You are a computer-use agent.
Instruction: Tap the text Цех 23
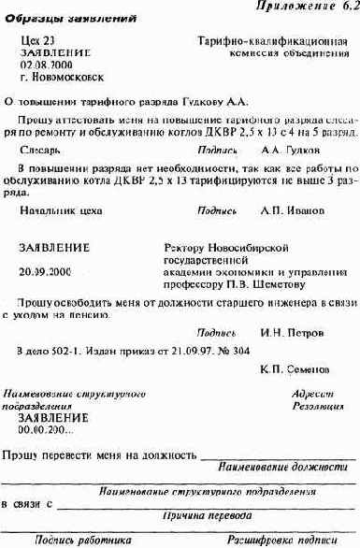click(x=36, y=42)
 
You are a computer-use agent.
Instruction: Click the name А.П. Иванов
click(x=290, y=210)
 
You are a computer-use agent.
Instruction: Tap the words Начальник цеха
click(x=57, y=210)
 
